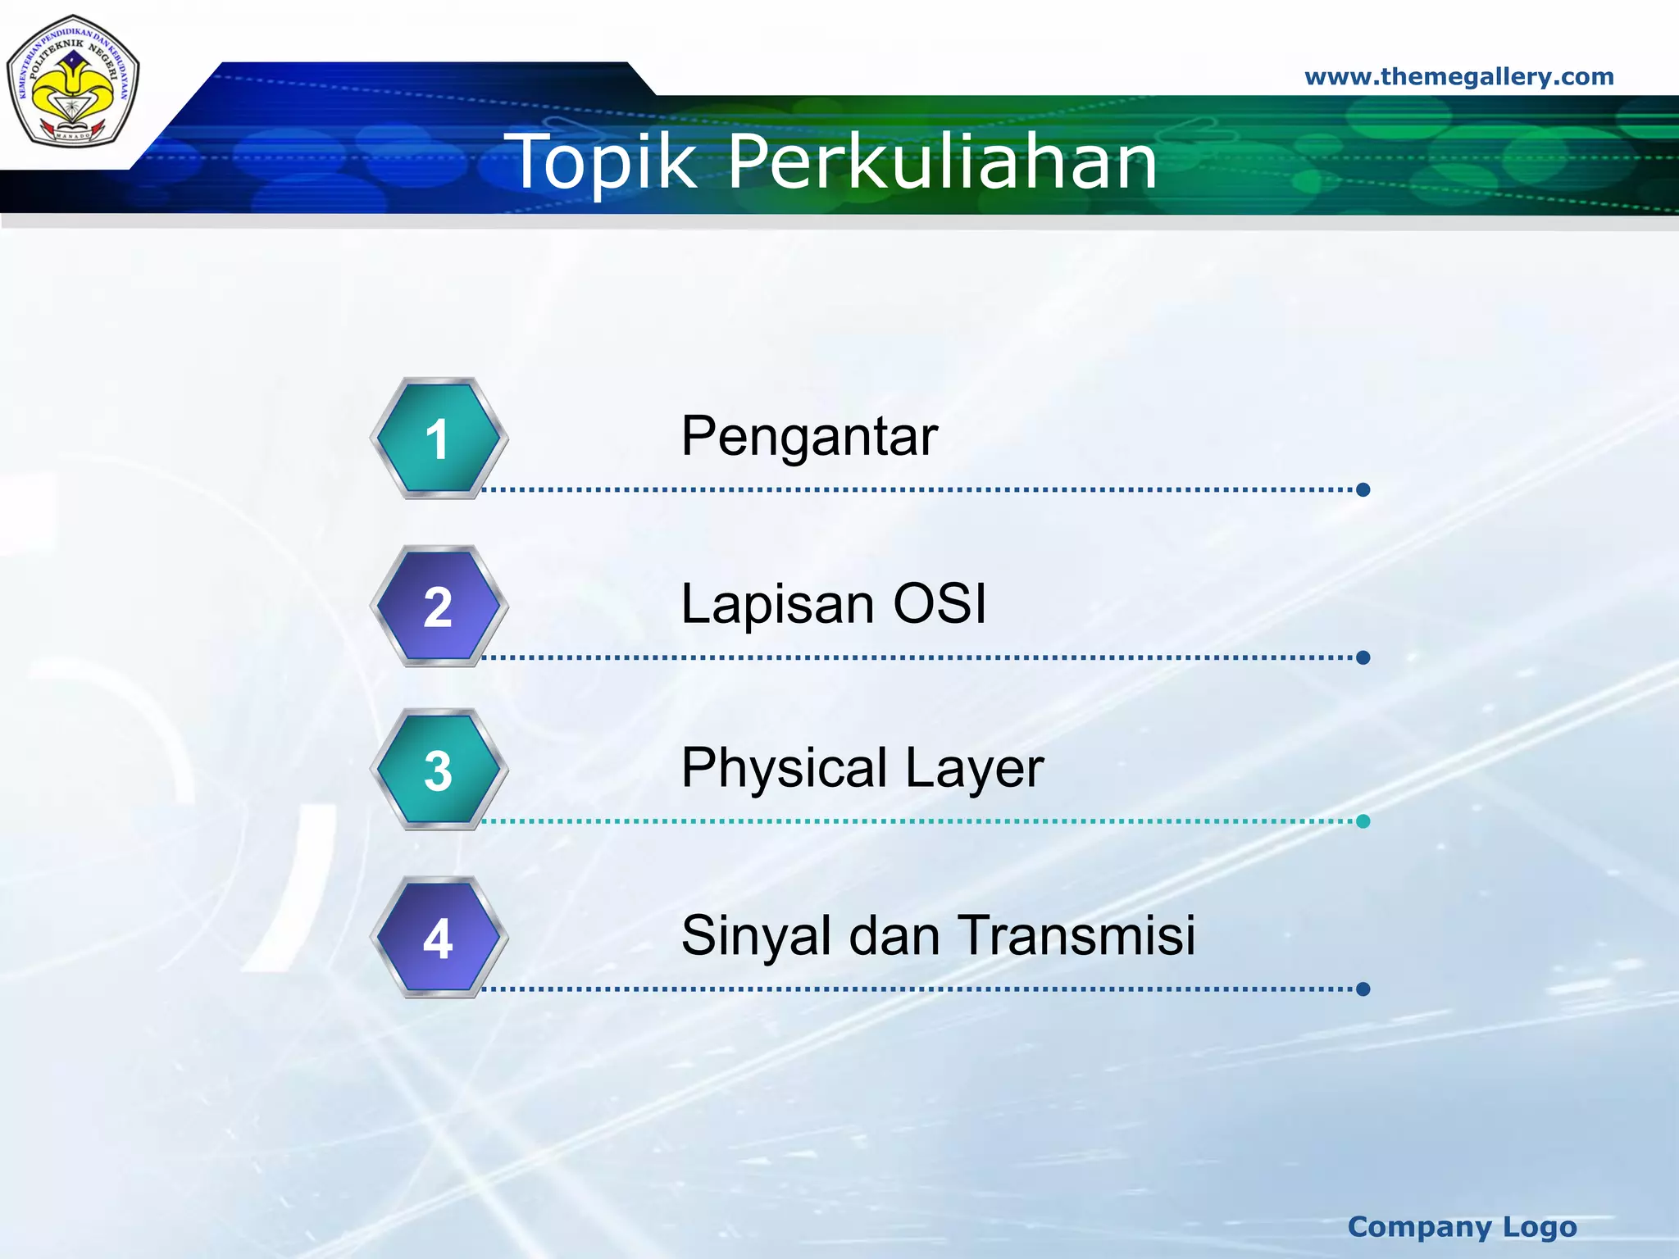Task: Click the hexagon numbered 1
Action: [439, 439]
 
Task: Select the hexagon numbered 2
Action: [439, 607]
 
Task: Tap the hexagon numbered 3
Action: [439, 770]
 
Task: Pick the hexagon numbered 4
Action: [439, 938]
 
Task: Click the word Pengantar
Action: [809, 437]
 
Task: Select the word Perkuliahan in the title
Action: [943, 161]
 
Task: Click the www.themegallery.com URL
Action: [1459, 77]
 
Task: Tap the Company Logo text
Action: [1463, 1227]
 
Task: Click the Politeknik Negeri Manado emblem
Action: [73, 82]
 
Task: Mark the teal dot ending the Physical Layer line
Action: [1363, 821]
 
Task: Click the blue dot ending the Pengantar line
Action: [1363, 490]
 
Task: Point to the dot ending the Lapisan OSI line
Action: [1363, 657]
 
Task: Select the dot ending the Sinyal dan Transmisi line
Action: [1363, 989]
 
